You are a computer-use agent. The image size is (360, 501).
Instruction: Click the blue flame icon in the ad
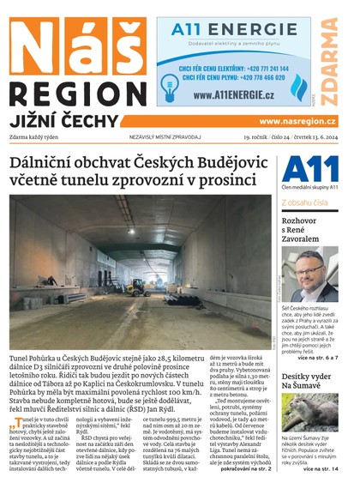pos(297,87)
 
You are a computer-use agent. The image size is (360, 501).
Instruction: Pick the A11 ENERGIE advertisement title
pos(234,30)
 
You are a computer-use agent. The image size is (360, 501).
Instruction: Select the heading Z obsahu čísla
pos(304,202)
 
